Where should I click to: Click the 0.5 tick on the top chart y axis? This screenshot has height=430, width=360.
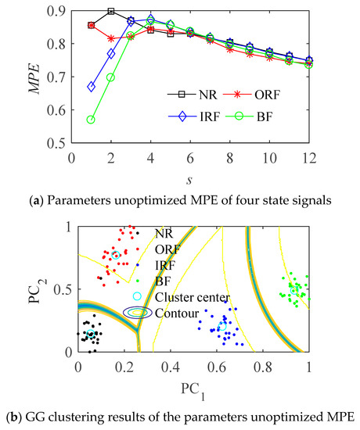point(56,143)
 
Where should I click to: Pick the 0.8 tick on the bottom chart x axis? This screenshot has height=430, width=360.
point(263,365)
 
